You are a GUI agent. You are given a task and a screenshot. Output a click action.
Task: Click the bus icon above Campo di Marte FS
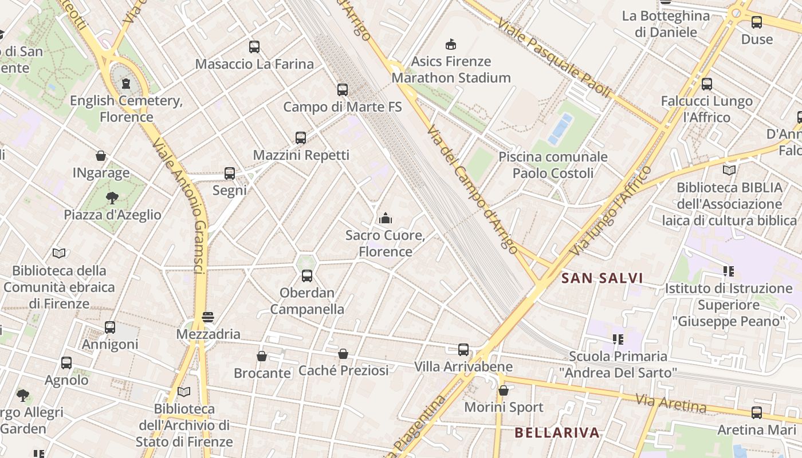tap(343, 90)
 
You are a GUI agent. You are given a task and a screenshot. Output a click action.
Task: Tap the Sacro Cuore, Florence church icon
tap(386, 218)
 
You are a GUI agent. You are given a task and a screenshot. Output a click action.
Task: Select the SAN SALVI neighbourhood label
tap(602, 278)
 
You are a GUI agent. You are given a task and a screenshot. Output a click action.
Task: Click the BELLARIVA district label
tap(557, 432)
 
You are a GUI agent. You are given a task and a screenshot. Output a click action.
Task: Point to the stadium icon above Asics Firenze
tap(451, 44)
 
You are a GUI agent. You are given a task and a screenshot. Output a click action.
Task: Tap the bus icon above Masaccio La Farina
tap(254, 47)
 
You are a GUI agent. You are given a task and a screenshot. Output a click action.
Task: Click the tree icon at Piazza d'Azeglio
tap(112, 198)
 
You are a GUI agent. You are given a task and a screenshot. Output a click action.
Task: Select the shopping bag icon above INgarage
tap(101, 156)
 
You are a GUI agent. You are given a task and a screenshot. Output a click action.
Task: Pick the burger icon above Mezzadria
tap(208, 317)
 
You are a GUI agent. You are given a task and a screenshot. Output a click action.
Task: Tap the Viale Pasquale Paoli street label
tap(553, 57)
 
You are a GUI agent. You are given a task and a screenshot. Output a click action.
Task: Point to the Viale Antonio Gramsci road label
tap(180, 206)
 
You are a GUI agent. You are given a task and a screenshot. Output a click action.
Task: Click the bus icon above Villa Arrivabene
tap(463, 349)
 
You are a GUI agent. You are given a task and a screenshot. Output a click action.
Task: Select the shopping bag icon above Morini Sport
tap(504, 390)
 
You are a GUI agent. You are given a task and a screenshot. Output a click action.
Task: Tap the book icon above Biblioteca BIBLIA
tap(729, 170)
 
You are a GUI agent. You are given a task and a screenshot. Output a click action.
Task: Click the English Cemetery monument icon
tap(126, 84)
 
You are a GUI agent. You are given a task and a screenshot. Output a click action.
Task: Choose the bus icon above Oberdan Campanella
tap(307, 276)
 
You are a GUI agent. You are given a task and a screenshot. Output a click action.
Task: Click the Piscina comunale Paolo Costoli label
tap(552, 165)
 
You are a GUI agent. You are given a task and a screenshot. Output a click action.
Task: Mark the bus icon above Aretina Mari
tap(757, 413)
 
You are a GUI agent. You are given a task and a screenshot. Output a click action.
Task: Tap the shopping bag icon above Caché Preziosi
tap(343, 354)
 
